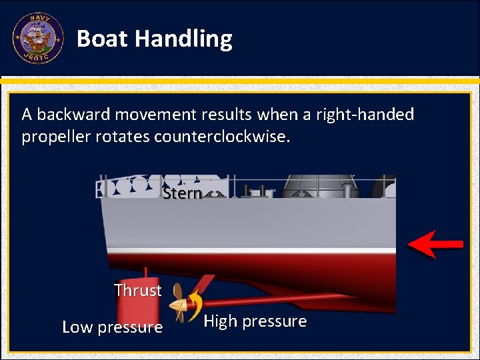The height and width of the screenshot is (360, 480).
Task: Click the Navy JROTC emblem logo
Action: (x=37, y=38)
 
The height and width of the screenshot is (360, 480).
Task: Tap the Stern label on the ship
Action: (x=182, y=193)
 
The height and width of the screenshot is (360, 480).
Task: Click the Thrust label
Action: (x=137, y=290)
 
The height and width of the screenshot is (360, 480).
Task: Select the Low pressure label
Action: (x=112, y=327)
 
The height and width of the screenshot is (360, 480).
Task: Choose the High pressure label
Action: (x=255, y=321)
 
